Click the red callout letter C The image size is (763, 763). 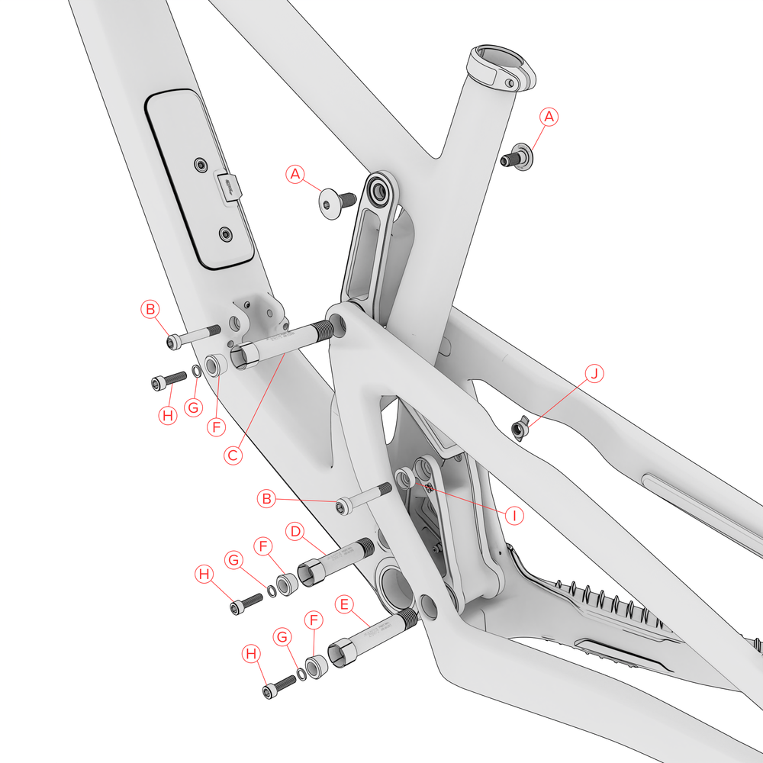click(x=235, y=456)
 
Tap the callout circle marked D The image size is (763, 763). click(x=295, y=530)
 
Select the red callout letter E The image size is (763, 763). click(x=345, y=605)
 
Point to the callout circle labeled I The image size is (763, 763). click(x=515, y=515)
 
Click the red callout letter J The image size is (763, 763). click(x=595, y=373)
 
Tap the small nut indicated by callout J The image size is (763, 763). click(x=518, y=430)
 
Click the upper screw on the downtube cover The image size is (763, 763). click(x=200, y=164)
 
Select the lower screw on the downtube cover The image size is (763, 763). click(x=224, y=233)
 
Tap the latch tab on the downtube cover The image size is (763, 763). click(x=229, y=188)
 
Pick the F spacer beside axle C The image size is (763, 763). click(x=214, y=365)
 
